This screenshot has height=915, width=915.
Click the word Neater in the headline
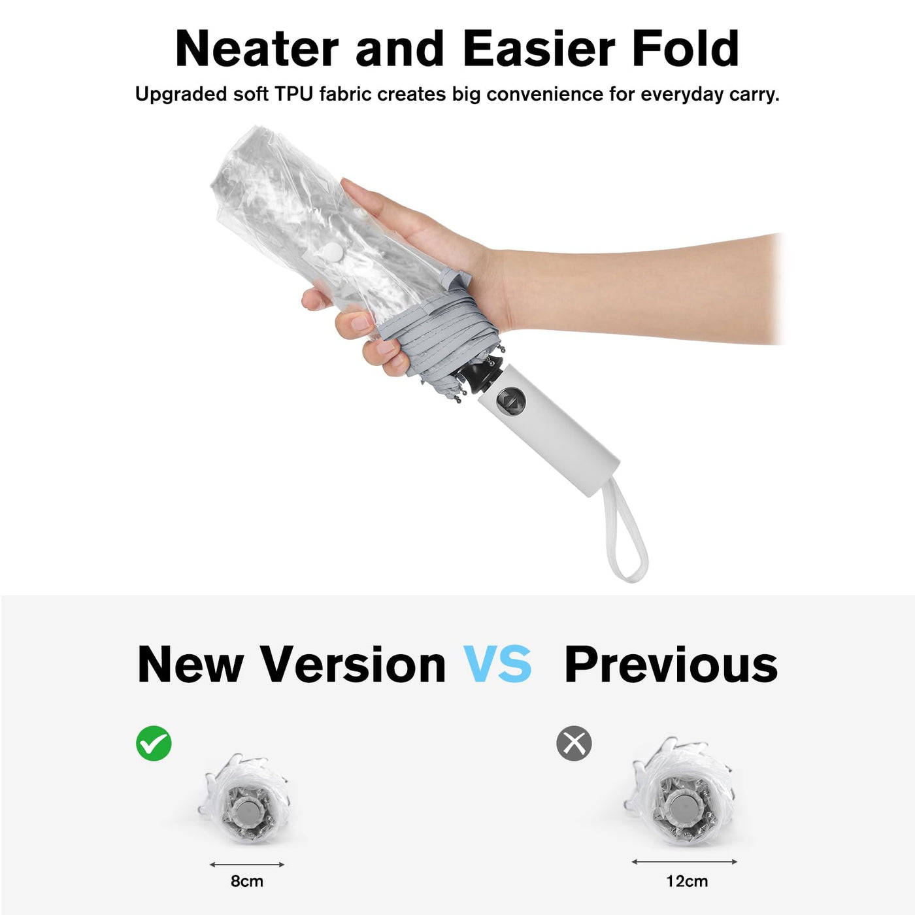click(x=257, y=48)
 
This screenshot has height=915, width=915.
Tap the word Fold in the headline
click(x=685, y=48)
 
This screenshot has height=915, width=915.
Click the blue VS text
click(x=497, y=664)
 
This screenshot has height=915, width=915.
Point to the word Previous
click(x=671, y=664)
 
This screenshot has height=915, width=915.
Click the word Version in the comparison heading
click(x=354, y=664)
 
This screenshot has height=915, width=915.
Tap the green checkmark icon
click(x=154, y=743)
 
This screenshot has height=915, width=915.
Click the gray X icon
click(x=574, y=743)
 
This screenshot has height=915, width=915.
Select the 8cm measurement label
click(x=247, y=881)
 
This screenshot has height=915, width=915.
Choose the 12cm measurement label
click(x=687, y=881)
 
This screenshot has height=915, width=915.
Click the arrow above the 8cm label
click(x=247, y=865)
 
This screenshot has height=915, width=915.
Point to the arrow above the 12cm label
click(x=684, y=861)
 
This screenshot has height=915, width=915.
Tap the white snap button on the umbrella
click(x=337, y=253)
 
